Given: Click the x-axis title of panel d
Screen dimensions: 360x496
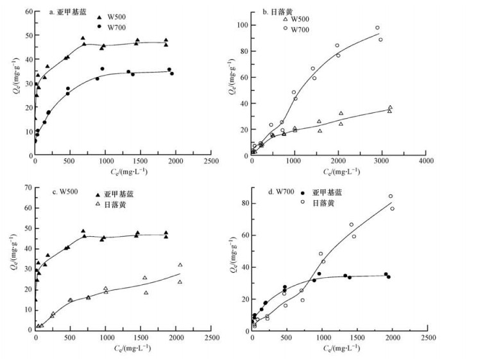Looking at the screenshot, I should tap(340, 347).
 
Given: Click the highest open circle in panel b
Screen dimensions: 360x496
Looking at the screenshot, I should tap(377, 28).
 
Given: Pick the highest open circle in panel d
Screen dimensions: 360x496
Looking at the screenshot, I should tap(391, 196).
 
